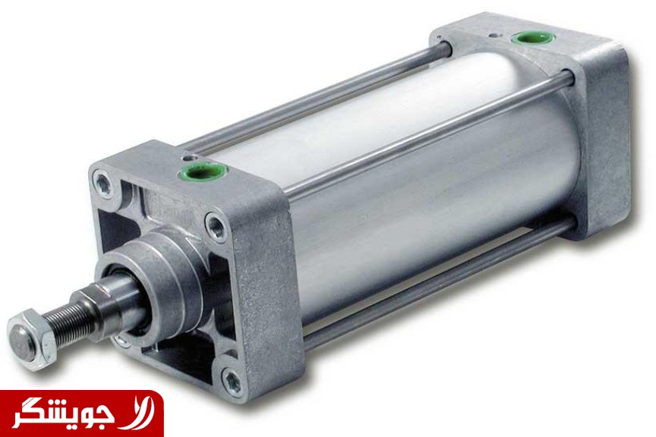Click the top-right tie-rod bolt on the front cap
(x=217, y=225)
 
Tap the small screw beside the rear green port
(x=495, y=35)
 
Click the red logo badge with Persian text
(x=81, y=413)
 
